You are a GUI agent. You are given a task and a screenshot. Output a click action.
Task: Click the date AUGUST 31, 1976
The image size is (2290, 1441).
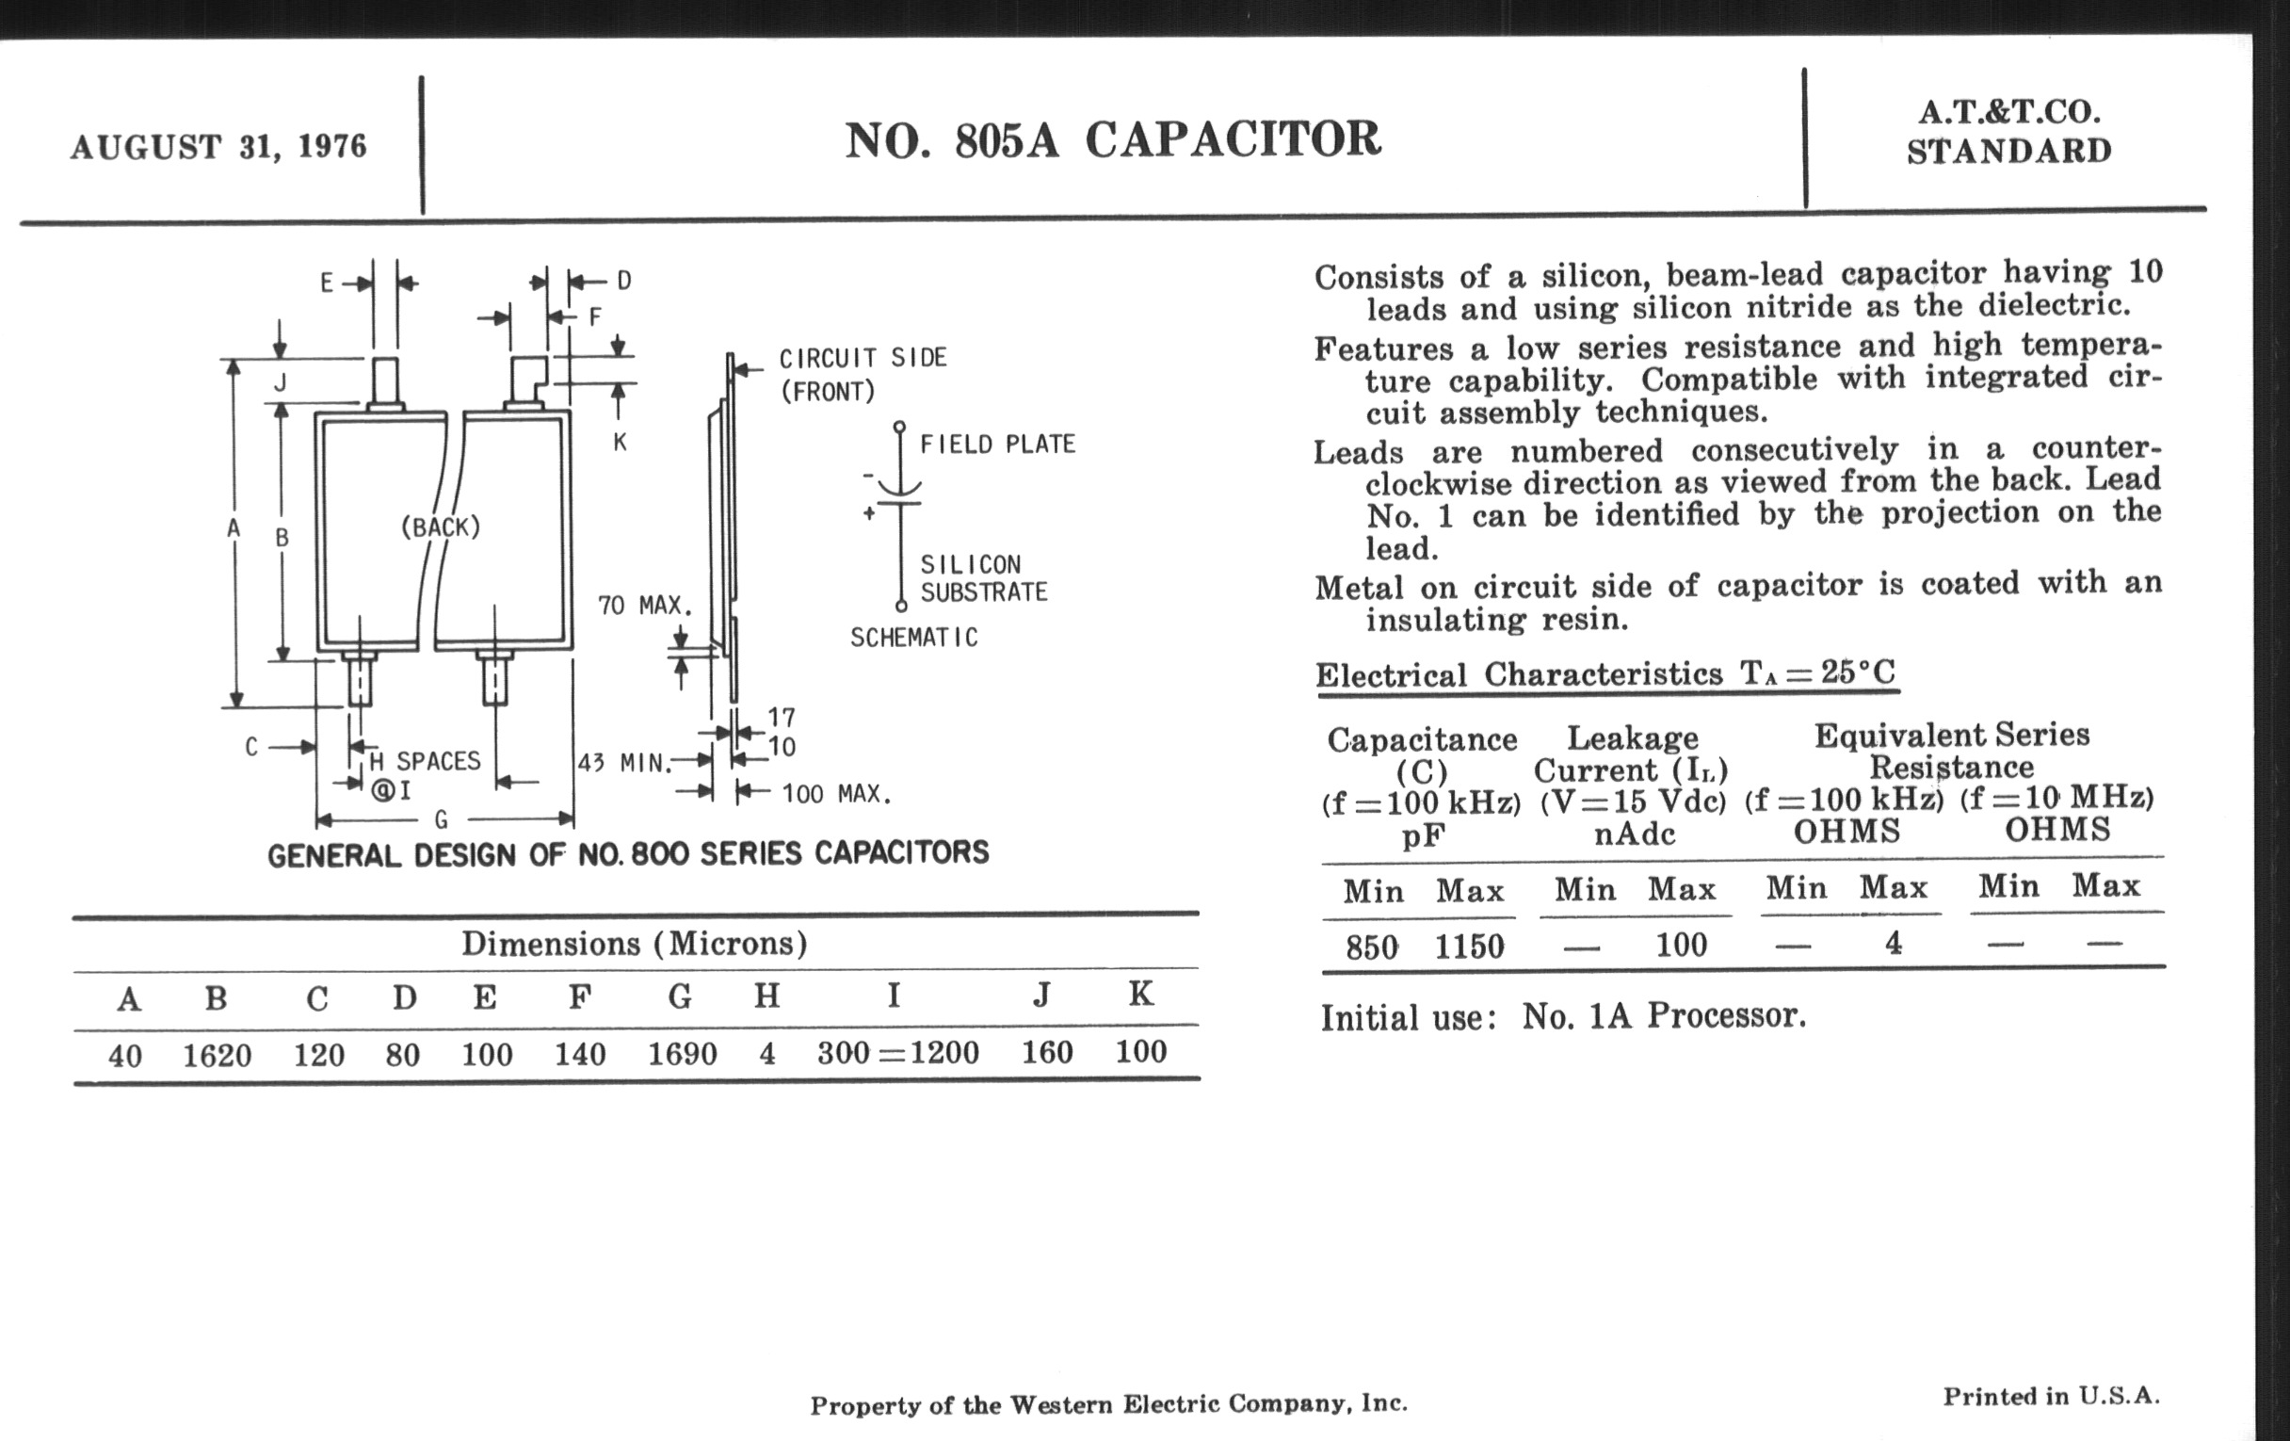(218, 147)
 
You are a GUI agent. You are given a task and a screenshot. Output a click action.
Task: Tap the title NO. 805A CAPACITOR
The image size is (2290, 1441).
(1112, 139)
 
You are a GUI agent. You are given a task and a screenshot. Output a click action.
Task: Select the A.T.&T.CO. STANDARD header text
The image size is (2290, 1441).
(2008, 131)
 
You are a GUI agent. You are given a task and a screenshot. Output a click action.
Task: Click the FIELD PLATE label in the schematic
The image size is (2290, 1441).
(996, 445)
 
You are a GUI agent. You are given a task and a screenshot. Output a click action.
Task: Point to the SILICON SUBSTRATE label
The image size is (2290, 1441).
(983, 578)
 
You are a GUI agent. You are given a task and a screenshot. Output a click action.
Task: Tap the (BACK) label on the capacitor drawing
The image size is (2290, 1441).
(441, 526)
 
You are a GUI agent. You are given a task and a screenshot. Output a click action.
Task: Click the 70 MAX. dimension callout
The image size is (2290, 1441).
(644, 605)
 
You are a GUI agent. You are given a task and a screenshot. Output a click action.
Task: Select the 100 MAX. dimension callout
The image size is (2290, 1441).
(836, 793)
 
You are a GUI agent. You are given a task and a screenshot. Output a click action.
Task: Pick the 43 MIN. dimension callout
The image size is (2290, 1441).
(624, 763)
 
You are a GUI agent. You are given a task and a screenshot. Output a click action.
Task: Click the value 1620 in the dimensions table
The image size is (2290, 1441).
(217, 1055)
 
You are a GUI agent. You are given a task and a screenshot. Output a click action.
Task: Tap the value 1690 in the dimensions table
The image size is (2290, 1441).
(682, 1054)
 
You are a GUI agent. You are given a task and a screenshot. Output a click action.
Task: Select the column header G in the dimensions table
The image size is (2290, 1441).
(679, 996)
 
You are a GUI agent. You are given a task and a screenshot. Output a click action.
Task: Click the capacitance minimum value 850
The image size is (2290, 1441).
(1371, 947)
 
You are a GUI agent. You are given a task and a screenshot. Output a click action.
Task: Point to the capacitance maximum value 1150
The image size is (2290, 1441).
(1469, 946)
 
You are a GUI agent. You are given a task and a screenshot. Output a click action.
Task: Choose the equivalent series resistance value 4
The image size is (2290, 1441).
(1894, 943)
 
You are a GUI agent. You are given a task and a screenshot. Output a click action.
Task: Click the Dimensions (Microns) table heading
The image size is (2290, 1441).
(635, 944)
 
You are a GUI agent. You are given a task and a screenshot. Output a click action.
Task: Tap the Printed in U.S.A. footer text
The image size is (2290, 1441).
(2051, 1397)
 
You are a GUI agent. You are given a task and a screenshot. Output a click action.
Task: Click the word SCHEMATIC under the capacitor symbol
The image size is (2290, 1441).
(914, 638)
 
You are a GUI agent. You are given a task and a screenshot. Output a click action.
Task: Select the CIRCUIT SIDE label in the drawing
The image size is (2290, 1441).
(863, 358)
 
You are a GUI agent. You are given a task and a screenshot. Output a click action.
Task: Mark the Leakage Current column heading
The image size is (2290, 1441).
(1632, 753)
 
